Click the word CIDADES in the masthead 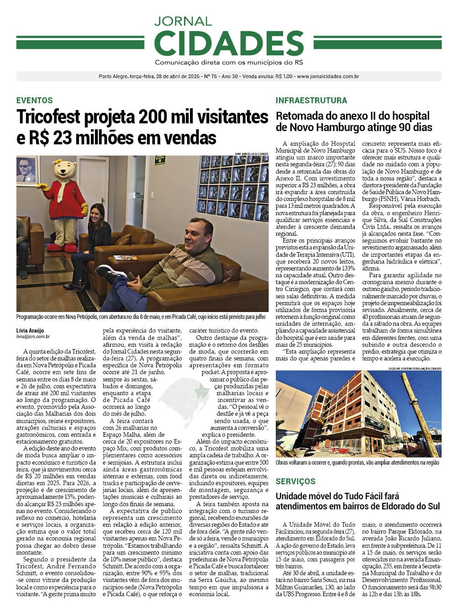pos(229,43)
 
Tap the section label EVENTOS pos(35,101)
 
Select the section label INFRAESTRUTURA pos(311,101)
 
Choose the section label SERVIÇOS pos(295,482)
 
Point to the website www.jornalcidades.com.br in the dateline pos(328,76)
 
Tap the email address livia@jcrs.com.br pos(33,337)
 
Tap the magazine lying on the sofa pos(125,258)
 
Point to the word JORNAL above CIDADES pos(183,21)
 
